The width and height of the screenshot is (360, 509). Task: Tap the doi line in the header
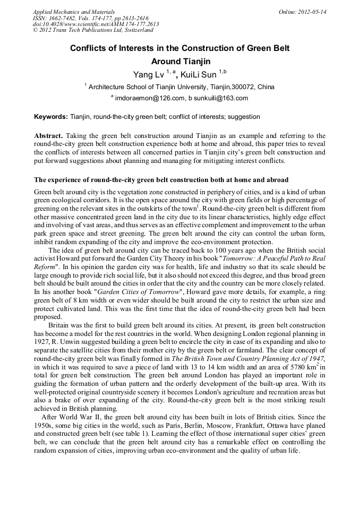[x=96, y=24]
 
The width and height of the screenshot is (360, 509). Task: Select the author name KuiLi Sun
[x=199, y=75]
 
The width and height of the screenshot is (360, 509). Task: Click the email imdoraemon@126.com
[x=150, y=98]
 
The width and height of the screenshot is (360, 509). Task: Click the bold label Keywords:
[x=51, y=116]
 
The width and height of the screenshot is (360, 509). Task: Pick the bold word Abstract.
[x=48, y=136]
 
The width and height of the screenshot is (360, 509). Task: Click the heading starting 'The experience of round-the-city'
[x=161, y=179]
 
